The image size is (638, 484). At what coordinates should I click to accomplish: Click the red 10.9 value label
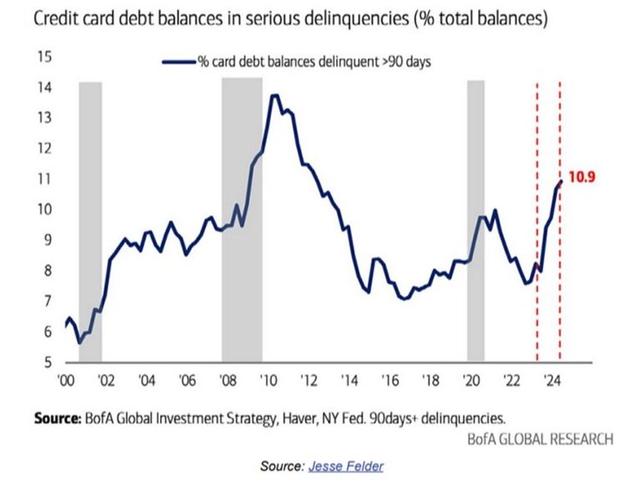[x=581, y=177]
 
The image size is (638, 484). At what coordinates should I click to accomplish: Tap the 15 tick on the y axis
[x=45, y=57]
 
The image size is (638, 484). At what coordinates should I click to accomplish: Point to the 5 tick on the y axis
[x=48, y=362]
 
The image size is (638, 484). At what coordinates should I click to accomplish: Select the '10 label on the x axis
[x=269, y=381]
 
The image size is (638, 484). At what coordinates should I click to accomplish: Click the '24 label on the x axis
[x=553, y=381]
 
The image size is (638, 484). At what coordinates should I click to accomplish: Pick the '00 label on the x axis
[x=66, y=381]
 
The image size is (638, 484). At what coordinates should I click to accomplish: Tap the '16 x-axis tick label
[x=390, y=381]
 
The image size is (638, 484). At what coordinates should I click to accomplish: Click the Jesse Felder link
[x=345, y=466]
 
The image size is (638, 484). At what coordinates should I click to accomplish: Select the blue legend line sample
[x=179, y=62]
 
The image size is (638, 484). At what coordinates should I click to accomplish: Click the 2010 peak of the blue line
[x=274, y=96]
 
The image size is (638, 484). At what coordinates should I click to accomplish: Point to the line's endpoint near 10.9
[x=561, y=182]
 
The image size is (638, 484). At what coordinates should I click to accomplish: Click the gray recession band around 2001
[x=90, y=222]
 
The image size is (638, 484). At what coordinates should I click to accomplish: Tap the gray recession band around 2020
[x=475, y=221]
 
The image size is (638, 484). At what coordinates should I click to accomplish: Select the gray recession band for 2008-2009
[x=242, y=220]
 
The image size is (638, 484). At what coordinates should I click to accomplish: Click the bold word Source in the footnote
[x=58, y=418]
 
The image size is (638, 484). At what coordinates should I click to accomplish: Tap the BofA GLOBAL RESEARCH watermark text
[x=540, y=439]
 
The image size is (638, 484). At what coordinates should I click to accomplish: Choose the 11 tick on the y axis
[x=45, y=179]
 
